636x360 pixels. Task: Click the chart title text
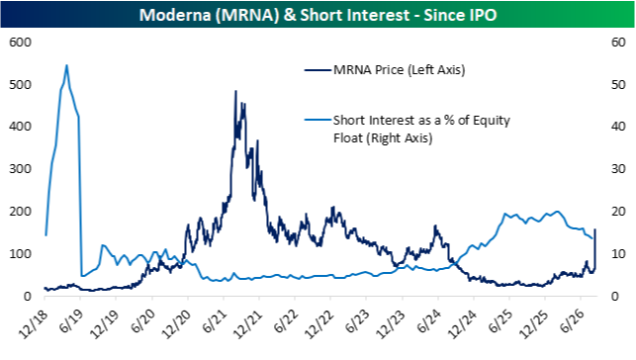[x=318, y=15]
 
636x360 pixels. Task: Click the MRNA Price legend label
[x=400, y=70]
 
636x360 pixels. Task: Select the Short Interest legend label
[x=421, y=129]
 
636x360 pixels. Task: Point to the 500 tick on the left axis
[x=20, y=85]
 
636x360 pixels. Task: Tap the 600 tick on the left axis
[x=20, y=43]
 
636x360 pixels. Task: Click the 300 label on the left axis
[x=20, y=169]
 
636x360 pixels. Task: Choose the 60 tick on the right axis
[x=618, y=43]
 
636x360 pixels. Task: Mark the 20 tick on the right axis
[x=618, y=212]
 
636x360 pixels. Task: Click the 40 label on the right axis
[x=618, y=127]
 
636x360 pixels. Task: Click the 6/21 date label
[x=214, y=321]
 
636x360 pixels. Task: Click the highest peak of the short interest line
[x=66, y=65]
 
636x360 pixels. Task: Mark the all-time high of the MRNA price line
[x=235, y=91]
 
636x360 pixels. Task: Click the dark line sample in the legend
[x=318, y=70]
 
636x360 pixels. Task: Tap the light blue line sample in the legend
[x=318, y=120]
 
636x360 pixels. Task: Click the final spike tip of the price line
[x=595, y=229]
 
